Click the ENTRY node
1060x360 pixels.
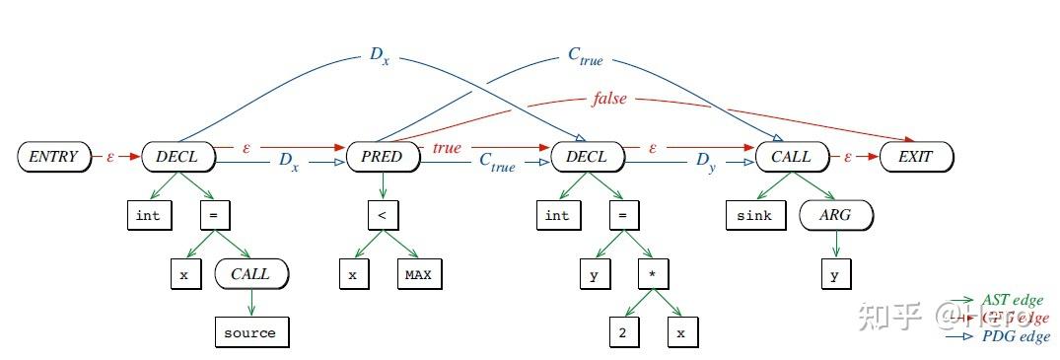[x=52, y=157]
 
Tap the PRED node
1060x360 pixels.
[x=380, y=157]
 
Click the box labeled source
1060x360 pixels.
[x=250, y=332]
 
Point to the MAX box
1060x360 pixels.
[x=421, y=274]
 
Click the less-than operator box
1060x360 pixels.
[x=382, y=215]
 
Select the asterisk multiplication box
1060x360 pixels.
[x=651, y=274]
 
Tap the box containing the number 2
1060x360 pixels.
[x=622, y=332]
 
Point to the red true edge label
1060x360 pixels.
[x=446, y=148]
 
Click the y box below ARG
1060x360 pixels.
[x=834, y=274]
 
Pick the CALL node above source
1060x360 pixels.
[x=250, y=274]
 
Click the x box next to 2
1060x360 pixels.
[x=680, y=332]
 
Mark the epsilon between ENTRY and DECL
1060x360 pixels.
[x=111, y=157]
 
